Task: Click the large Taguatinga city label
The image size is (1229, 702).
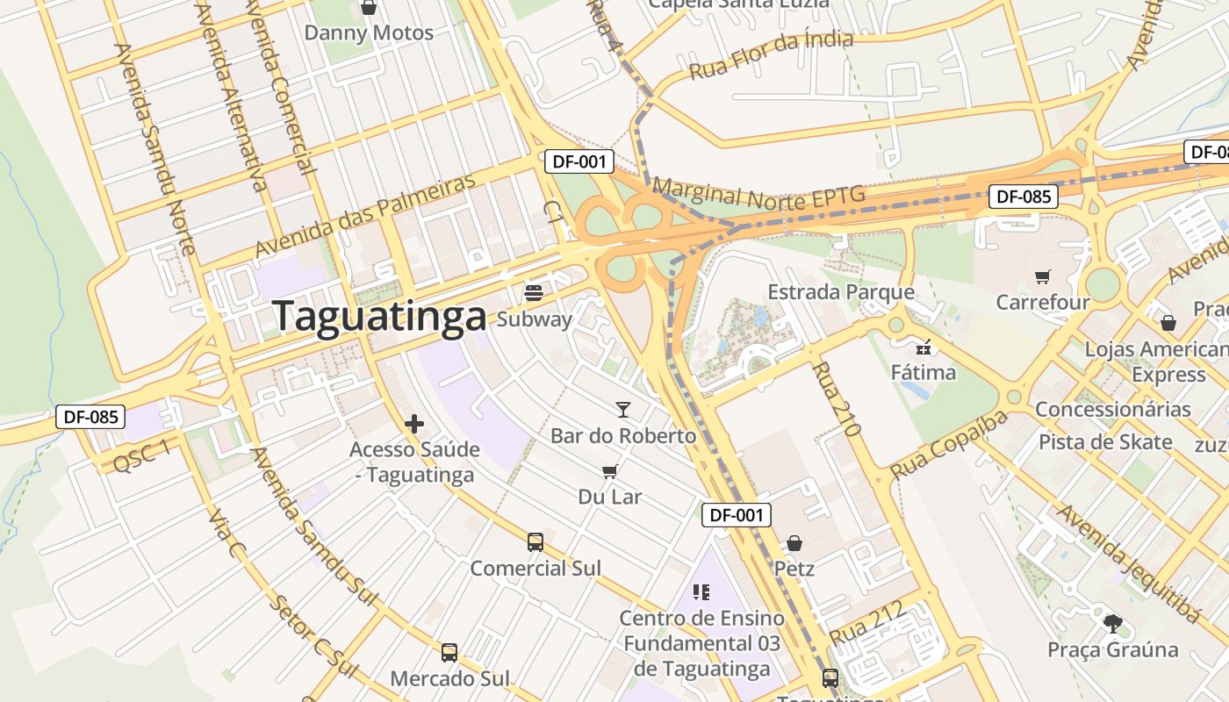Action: click(x=379, y=317)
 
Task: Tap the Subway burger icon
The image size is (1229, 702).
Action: click(x=534, y=292)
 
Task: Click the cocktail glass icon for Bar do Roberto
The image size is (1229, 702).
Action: click(x=623, y=409)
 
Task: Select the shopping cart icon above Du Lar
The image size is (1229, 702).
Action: click(x=610, y=471)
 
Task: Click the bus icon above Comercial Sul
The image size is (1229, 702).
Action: click(x=535, y=542)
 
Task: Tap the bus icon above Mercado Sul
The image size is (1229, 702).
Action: click(x=449, y=653)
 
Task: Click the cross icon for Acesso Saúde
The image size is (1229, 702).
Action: click(x=414, y=425)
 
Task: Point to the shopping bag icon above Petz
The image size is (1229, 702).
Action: click(x=794, y=543)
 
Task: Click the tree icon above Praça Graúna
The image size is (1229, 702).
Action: click(x=1112, y=624)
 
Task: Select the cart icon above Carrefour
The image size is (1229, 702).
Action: click(x=1042, y=277)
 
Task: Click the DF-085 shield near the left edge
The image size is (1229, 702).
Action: click(x=90, y=417)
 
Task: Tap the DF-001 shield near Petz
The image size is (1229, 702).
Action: click(x=737, y=515)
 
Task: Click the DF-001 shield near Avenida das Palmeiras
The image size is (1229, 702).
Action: click(x=579, y=161)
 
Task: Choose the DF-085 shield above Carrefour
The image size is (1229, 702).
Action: click(x=1024, y=197)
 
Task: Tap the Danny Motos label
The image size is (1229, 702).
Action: click(x=369, y=33)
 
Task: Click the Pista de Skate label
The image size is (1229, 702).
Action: click(x=1105, y=442)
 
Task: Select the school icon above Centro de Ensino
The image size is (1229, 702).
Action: click(x=701, y=592)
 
